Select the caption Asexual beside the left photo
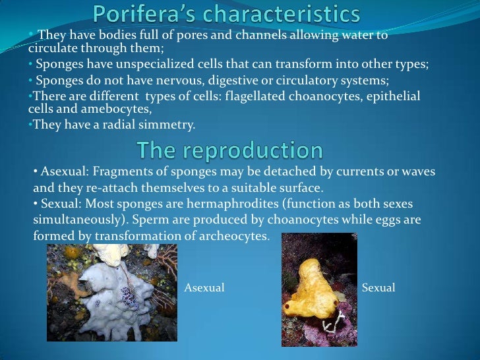tap(204, 287)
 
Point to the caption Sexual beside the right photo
tap(379, 287)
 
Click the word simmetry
tap(169, 125)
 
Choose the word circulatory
tap(301, 81)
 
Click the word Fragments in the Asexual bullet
tap(120, 171)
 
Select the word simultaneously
tap(73, 220)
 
